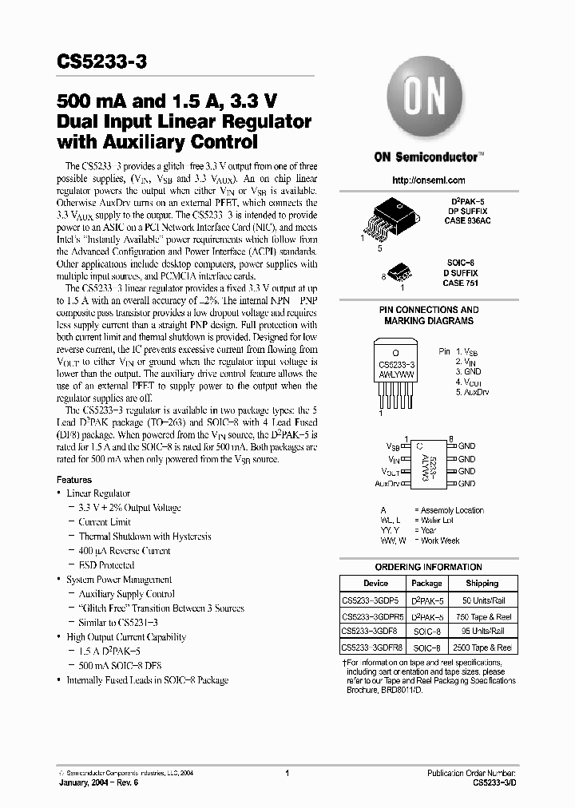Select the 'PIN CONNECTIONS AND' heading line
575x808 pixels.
pyautogui.click(x=428, y=310)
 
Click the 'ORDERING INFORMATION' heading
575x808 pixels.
pyautogui.click(x=428, y=567)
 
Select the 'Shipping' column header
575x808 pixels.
pyautogui.click(x=482, y=583)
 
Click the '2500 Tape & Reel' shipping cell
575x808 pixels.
pyautogui.click(x=482, y=648)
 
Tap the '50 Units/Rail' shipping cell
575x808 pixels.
pyautogui.click(x=482, y=600)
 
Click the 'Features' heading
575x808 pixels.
pyautogui.click(x=74, y=480)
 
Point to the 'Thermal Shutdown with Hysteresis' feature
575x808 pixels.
pyautogui.click(x=145, y=537)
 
